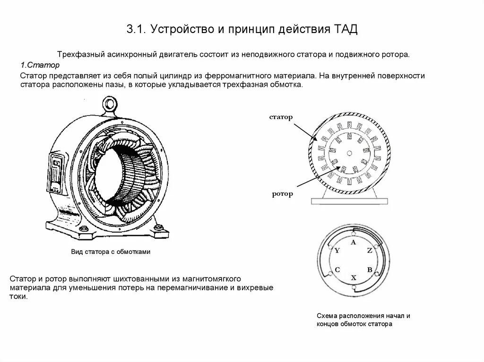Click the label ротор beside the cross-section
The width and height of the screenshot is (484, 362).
[x=282, y=194]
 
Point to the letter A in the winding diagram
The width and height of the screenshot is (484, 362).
[x=353, y=242]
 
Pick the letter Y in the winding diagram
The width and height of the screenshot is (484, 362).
[x=337, y=251]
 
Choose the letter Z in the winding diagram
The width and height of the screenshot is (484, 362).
[x=370, y=251]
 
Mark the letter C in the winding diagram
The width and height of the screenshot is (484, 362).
[x=337, y=270]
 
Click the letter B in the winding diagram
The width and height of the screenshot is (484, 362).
[x=370, y=270]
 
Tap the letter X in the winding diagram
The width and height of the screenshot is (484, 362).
[x=353, y=278]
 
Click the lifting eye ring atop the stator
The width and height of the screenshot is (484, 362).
[x=110, y=102]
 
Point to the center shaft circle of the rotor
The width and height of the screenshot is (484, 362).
[x=349, y=153]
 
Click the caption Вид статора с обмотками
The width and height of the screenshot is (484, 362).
[x=110, y=252]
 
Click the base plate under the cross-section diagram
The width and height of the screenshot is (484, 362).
[x=349, y=201]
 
